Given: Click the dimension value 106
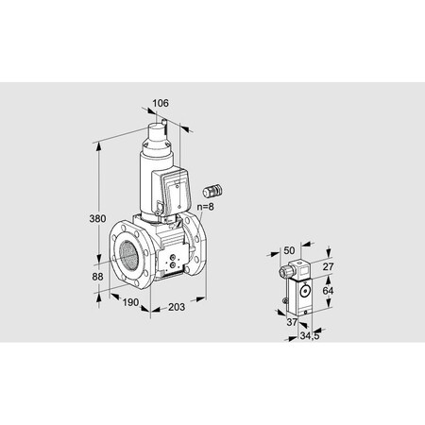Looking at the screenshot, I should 160,103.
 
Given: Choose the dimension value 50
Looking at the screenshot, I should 288,251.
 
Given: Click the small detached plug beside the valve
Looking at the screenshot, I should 212,180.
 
